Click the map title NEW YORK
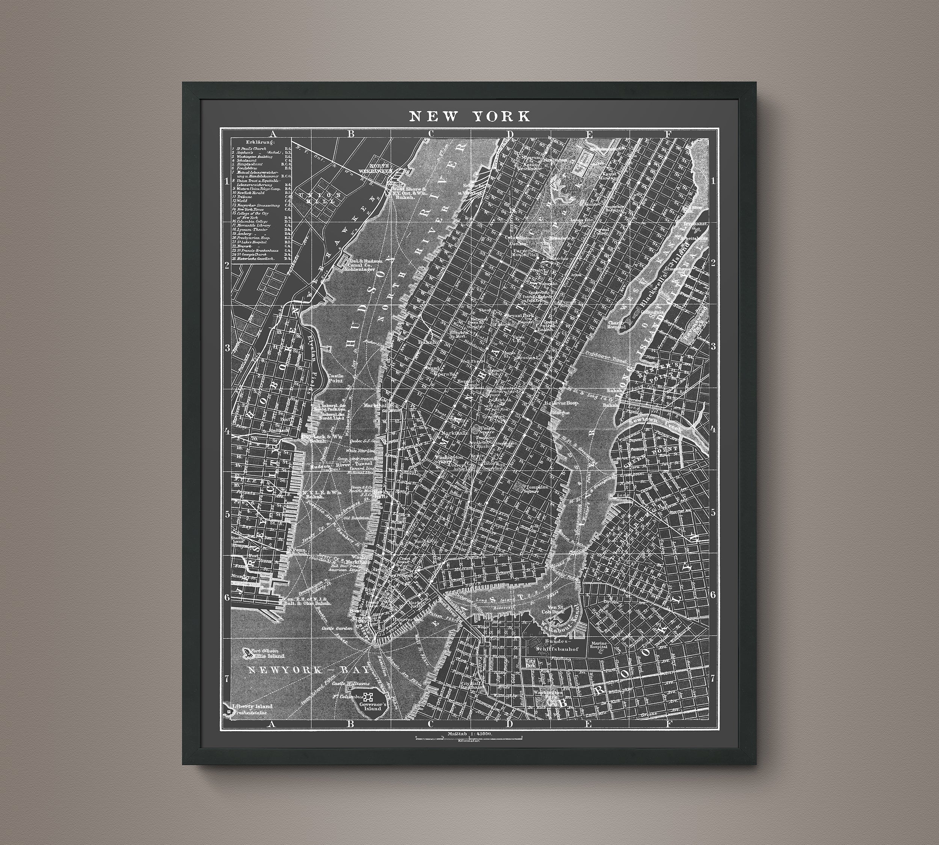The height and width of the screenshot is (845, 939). (x=469, y=116)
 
